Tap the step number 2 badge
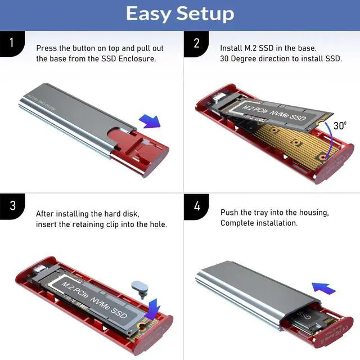[x=196, y=43]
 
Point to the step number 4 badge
[x=196, y=205]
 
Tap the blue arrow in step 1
[x=149, y=119]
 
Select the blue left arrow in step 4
[x=324, y=288]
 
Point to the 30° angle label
[x=340, y=125]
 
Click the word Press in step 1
[x=46, y=48]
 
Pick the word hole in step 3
[x=158, y=224]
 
